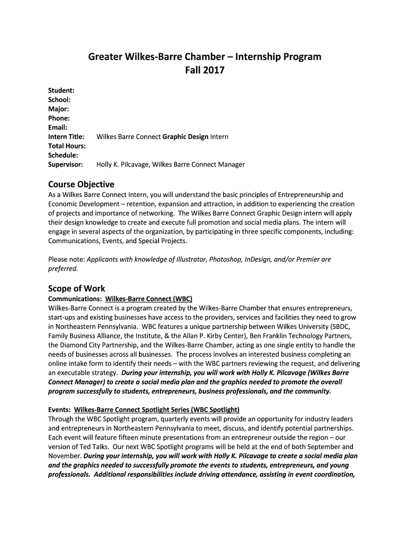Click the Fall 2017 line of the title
tap(204, 70)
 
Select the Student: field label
tap(61, 90)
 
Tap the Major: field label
tap(59, 109)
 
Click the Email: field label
tap(58, 128)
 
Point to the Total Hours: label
tap(67, 146)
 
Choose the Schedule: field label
tap(63, 155)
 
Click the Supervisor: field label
tap(65, 164)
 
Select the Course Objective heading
tap(81, 184)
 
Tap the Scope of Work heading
tap(77, 288)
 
